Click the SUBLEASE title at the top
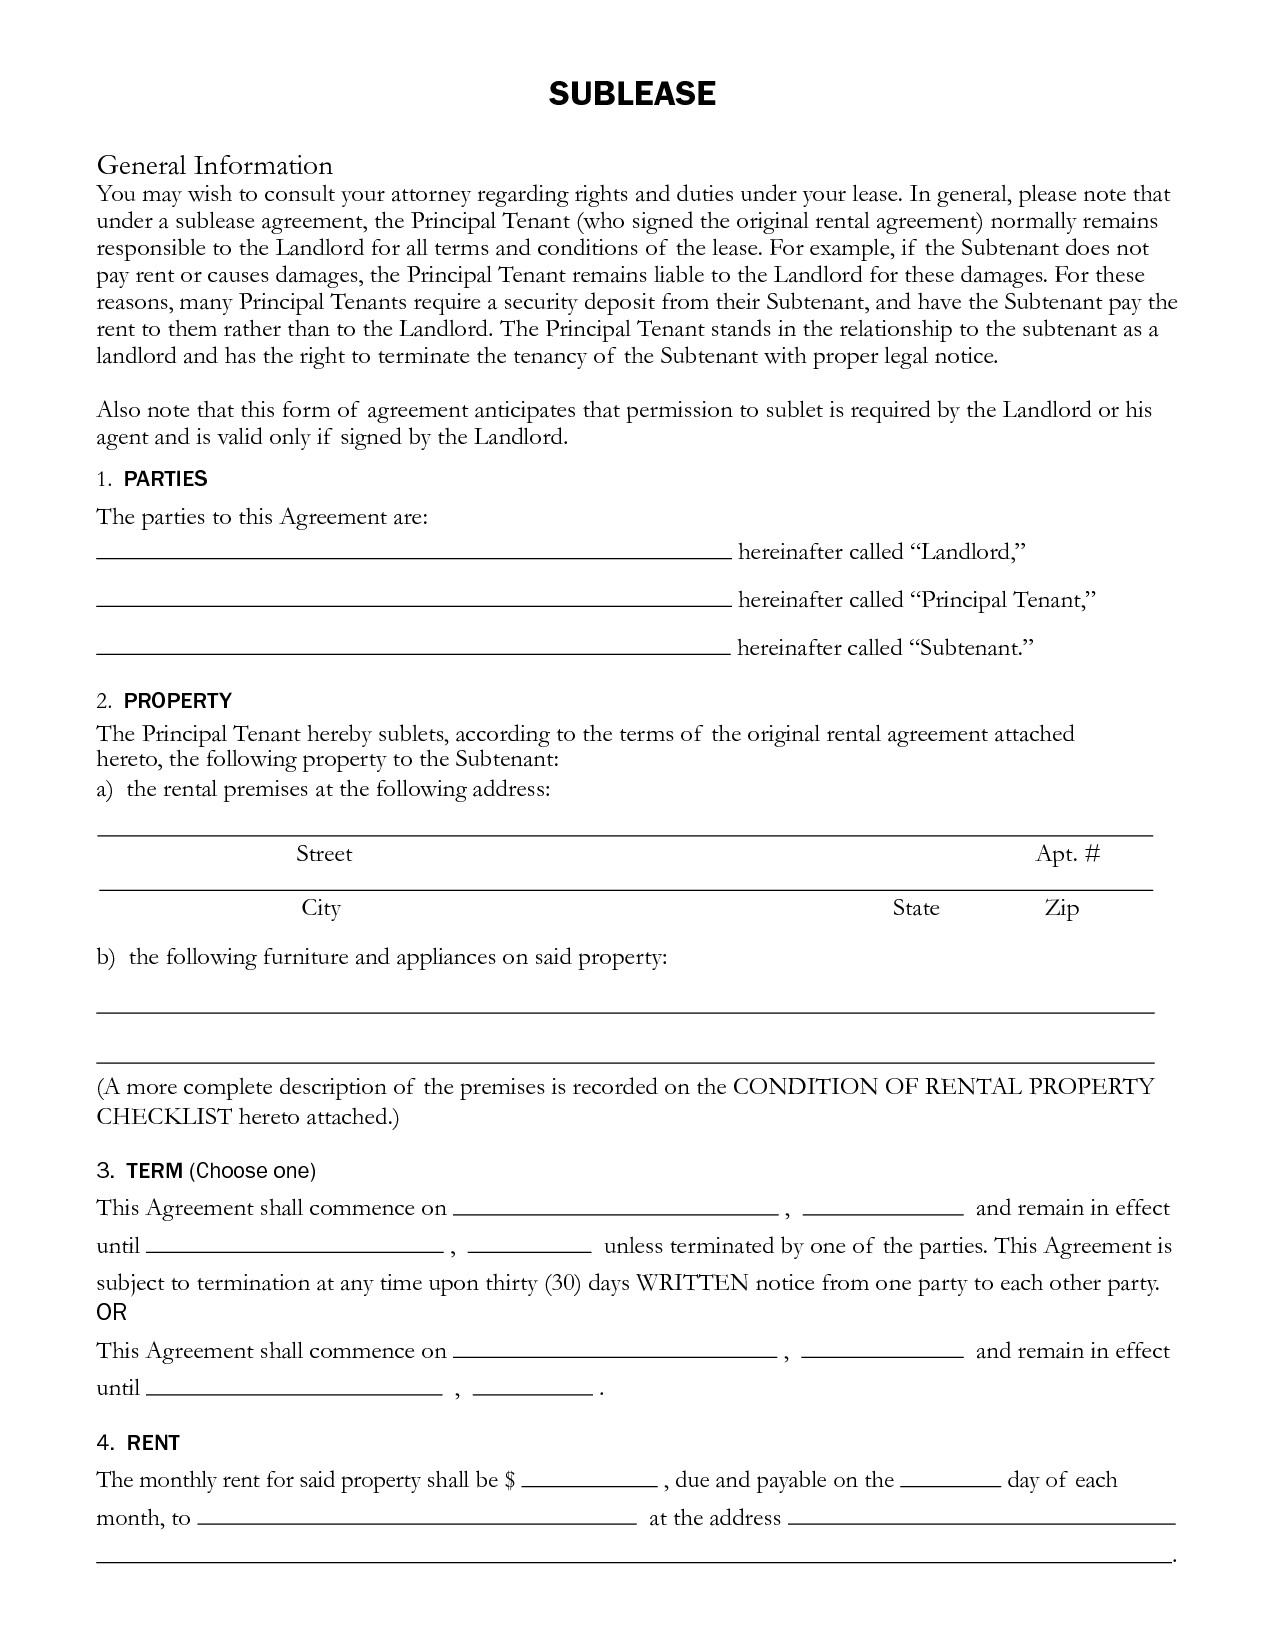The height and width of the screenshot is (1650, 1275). pyautogui.click(x=632, y=94)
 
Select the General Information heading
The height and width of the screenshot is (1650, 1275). pyautogui.click(x=214, y=165)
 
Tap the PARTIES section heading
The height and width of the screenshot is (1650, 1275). pyautogui.click(x=165, y=479)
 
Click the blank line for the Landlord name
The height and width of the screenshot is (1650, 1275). pyautogui.click(x=413, y=554)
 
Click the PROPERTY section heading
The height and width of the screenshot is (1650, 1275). pyautogui.click(x=177, y=701)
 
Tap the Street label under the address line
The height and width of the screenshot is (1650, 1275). pyautogui.click(x=324, y=854)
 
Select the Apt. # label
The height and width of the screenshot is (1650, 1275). pyautogui.click(x=1067, y=854)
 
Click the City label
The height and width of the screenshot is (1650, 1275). pyautogui.click(x=321, y=908)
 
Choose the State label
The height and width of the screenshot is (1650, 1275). pyautogui.click(x=915, y=908)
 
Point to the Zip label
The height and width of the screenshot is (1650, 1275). pyautogui.click(x=1062, y=908)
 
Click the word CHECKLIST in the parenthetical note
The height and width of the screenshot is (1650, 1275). pyautogui.click(x=164, y=1116)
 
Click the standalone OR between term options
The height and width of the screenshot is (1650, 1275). pyautogui.click(x=111, y=1312)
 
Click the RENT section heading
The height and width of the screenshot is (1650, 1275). pyautogui.click(x=153, y=1443)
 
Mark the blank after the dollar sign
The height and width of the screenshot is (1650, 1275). pyautogui.click(x=589, y=1484)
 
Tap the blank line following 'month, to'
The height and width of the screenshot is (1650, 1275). pyautogui.click(x=417, y=1522)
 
